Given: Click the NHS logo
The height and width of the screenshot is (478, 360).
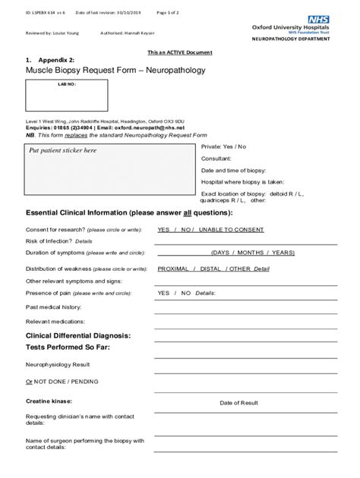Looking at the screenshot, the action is pos(320,16).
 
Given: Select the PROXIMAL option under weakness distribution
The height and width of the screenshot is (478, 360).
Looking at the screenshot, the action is pos(173,269).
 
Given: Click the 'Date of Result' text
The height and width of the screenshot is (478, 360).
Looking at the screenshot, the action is pos(239,403).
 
